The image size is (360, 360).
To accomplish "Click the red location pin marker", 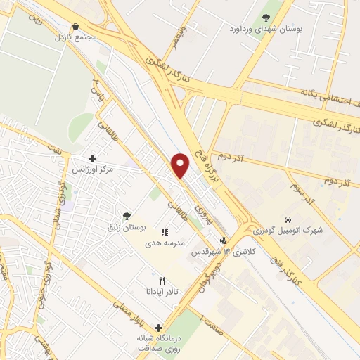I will [181, 165].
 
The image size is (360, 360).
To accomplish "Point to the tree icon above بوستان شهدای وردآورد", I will [265, 18].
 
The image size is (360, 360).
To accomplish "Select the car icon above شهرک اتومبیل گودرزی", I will [288, 220].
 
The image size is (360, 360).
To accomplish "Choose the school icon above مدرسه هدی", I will [164, 231].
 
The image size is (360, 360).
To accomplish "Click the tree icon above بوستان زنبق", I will [127, 216].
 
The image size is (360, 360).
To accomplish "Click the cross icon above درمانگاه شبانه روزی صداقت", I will [159, 327].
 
